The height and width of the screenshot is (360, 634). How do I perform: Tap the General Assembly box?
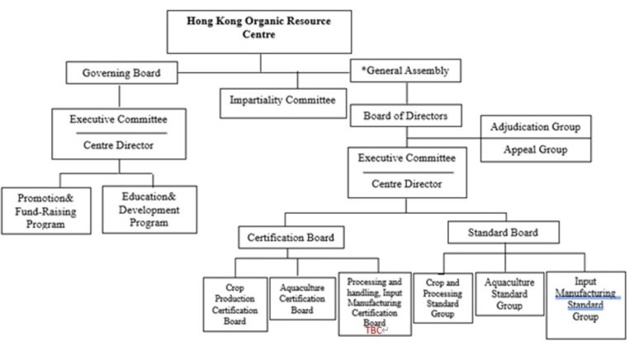pyautogui.click(x=405, y=71)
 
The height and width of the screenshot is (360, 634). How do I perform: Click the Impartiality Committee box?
pyautogui.click(x=282, y=101)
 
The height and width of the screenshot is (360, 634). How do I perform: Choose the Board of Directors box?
pyautogui.click(x=405, y=116)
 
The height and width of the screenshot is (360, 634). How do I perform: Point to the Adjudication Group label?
pyautogui.click(x=536, y=127)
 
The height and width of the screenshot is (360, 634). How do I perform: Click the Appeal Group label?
pyautogui.click(x=536, y=150)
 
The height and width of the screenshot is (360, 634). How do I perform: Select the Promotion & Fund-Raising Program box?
pyautogui.click(x=46, y=210)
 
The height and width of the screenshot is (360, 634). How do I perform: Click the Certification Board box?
pyautogui.click(x=291, y=238)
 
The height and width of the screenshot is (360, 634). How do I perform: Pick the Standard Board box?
pyautogui.click(x=502, y=233)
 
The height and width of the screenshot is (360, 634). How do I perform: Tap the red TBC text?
pyautogui.click(x=374, y=330)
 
